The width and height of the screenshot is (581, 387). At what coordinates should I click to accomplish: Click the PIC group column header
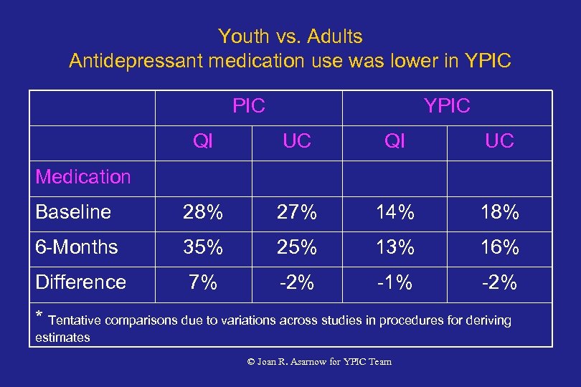click(x=249, y=107)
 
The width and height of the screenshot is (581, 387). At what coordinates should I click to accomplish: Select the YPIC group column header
click(x=447, y=107)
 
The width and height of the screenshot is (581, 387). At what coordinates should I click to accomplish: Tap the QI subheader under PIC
click(x=203, y=142)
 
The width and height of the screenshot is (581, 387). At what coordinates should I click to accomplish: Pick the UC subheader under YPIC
click(x=499, y=142)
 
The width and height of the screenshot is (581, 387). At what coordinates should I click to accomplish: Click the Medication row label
click(x=83, y=176)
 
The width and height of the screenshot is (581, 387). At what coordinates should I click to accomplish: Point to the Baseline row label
click(x=73, y=212)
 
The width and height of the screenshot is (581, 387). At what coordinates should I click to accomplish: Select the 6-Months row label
click(x=76, y=247)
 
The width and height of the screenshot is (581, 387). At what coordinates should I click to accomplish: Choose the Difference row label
click(x=80, y=282)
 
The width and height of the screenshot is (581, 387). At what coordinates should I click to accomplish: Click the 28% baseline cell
click(x=203, y=213)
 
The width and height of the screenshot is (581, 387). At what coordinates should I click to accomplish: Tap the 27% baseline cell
click(x=297, y=213)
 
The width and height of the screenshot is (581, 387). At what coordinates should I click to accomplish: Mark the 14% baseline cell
click(x=395, y=213)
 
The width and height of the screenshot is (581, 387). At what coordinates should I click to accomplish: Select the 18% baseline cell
click(x=499, y=213)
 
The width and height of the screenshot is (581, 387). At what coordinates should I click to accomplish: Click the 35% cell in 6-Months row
click(x=203, y=248)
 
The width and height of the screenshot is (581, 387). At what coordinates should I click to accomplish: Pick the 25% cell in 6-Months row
click(x=297, y=248)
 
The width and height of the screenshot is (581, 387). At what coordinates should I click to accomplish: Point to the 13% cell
click(x=395, y=248)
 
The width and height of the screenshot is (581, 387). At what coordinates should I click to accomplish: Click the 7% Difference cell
click(x=203, y=283)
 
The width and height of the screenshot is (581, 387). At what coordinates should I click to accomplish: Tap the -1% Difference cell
click(x=395, y=283)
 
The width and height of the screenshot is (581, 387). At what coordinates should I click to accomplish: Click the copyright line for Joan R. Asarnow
click(x=319, y=362)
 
